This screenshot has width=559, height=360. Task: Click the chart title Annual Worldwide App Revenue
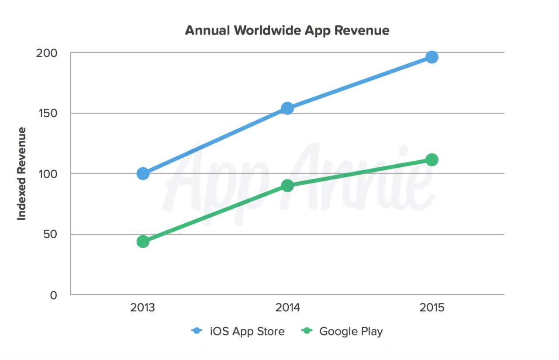287,31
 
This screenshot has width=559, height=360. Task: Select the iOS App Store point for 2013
143,173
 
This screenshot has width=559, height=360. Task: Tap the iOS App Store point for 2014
287,108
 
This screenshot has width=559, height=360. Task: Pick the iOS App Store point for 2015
432,57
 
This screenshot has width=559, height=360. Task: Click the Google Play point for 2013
143,241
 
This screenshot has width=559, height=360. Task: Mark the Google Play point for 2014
287,186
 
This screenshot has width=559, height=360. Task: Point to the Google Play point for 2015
432,160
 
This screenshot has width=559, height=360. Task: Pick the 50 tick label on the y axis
50,235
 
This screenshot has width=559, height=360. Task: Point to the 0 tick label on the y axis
53,295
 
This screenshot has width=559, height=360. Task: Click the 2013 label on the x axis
143,308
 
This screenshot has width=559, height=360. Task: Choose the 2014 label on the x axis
287,308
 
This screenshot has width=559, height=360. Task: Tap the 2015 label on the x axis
432,308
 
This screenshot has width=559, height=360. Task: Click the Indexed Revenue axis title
22,174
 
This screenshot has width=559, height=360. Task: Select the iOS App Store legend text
247,331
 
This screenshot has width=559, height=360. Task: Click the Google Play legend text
351,331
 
